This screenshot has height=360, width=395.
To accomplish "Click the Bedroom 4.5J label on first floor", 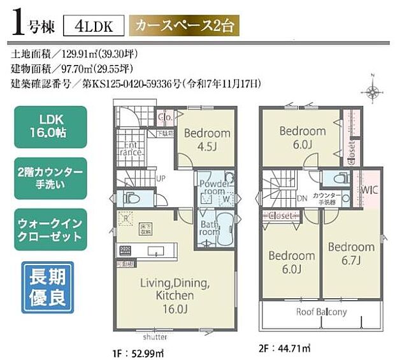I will tap(206, 139).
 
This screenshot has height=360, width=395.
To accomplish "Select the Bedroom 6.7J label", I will tap(351, 252).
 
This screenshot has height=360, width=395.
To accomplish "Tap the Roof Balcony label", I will tap(322, 312).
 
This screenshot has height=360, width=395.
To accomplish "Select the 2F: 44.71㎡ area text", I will tap(284, 349).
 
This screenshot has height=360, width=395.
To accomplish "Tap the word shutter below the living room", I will tap(155, 337).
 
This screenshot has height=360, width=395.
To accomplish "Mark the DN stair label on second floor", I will tap(301, 198).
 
